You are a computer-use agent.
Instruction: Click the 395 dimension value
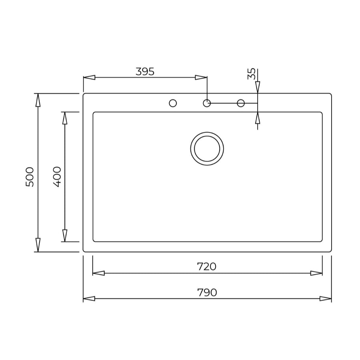pos(145,72)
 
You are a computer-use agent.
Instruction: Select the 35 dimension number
pos(252,74)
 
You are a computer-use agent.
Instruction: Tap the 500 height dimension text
pos(30,176)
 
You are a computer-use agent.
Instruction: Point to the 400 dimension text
pos(57,176)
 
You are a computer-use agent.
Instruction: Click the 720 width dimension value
pos(207,266)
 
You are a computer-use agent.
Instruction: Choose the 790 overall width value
pos(207,292)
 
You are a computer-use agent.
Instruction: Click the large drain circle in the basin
pos(207,148)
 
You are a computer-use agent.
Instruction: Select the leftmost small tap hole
pos(173,103)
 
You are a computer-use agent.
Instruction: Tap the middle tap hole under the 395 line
pos(207,103)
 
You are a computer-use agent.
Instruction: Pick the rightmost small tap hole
pos(241,103)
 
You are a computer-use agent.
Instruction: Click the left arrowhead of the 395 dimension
pos(89,77)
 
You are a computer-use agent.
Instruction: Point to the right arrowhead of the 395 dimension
pos(201,77)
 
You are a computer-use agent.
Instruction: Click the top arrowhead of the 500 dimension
pos(38,100)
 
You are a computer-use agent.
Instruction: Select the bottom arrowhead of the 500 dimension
pos(38,245)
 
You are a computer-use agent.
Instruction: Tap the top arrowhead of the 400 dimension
pos(65,118)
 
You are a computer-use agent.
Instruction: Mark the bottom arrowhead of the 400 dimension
pos(65,236)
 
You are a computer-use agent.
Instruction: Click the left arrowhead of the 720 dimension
pos(98,273)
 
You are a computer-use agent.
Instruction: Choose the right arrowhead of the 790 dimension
pos(326,298)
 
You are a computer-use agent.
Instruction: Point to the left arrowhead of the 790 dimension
pos(89,298)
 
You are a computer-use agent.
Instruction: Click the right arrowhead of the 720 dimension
pos(316,273)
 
